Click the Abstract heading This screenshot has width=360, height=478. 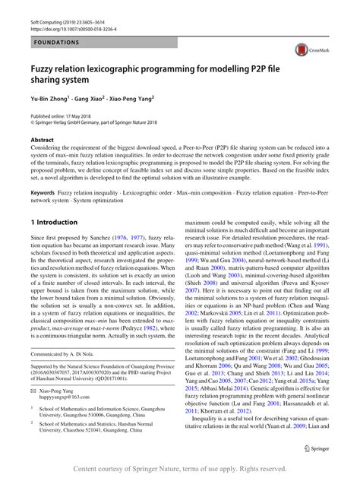(x=42, y=141)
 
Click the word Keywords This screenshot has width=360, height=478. (x=42, y=193)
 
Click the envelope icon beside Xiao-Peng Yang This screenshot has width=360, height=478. (x=33, y=389)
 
